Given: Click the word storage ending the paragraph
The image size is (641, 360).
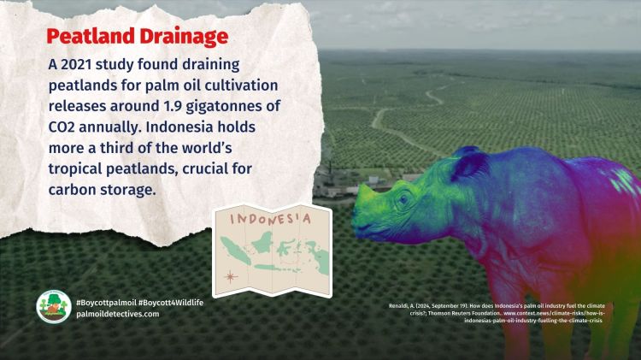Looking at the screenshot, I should click(129, 189).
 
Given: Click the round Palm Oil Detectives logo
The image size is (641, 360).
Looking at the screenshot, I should click(53, 307).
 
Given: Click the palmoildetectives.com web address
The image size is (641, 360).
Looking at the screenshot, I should click(117, 314).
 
